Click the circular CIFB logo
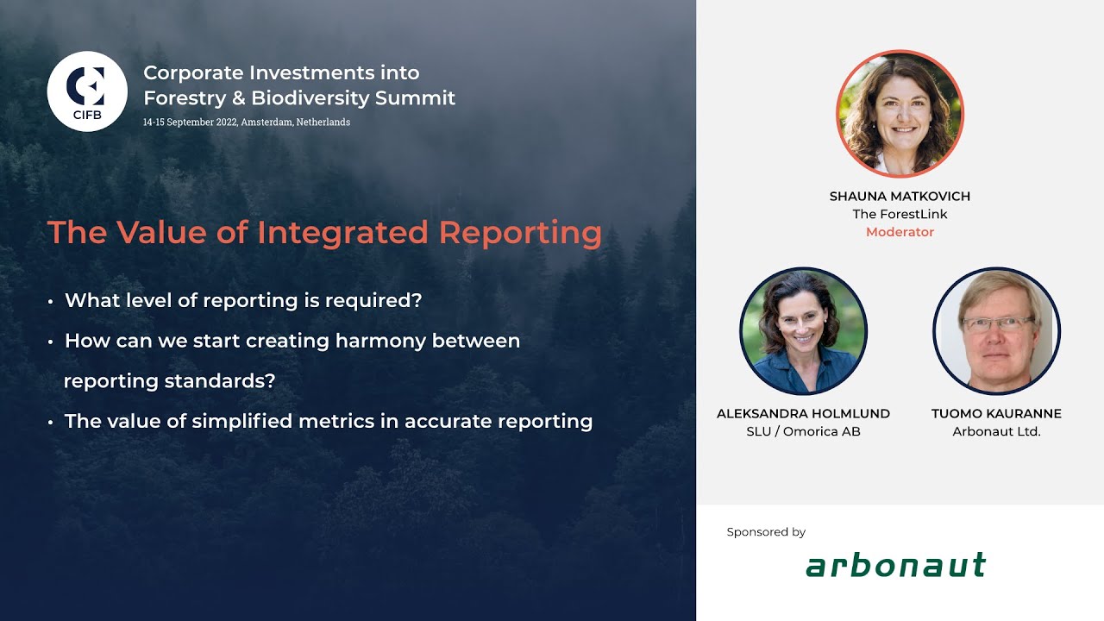tap(87, 91)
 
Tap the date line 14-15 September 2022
tap(247, 122)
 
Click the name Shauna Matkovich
tap(900, 196)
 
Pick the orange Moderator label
tap(900, 232)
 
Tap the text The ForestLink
tap(900, 214)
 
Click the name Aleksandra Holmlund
tap(803, 413)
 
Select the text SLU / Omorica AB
tap(803, 431)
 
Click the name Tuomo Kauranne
tap(996, 413)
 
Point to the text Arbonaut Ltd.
tap(996, 431)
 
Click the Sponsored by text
tap(766, 532)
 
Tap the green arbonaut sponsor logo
tap(895, 566)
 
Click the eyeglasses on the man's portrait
tap(998, 324)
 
